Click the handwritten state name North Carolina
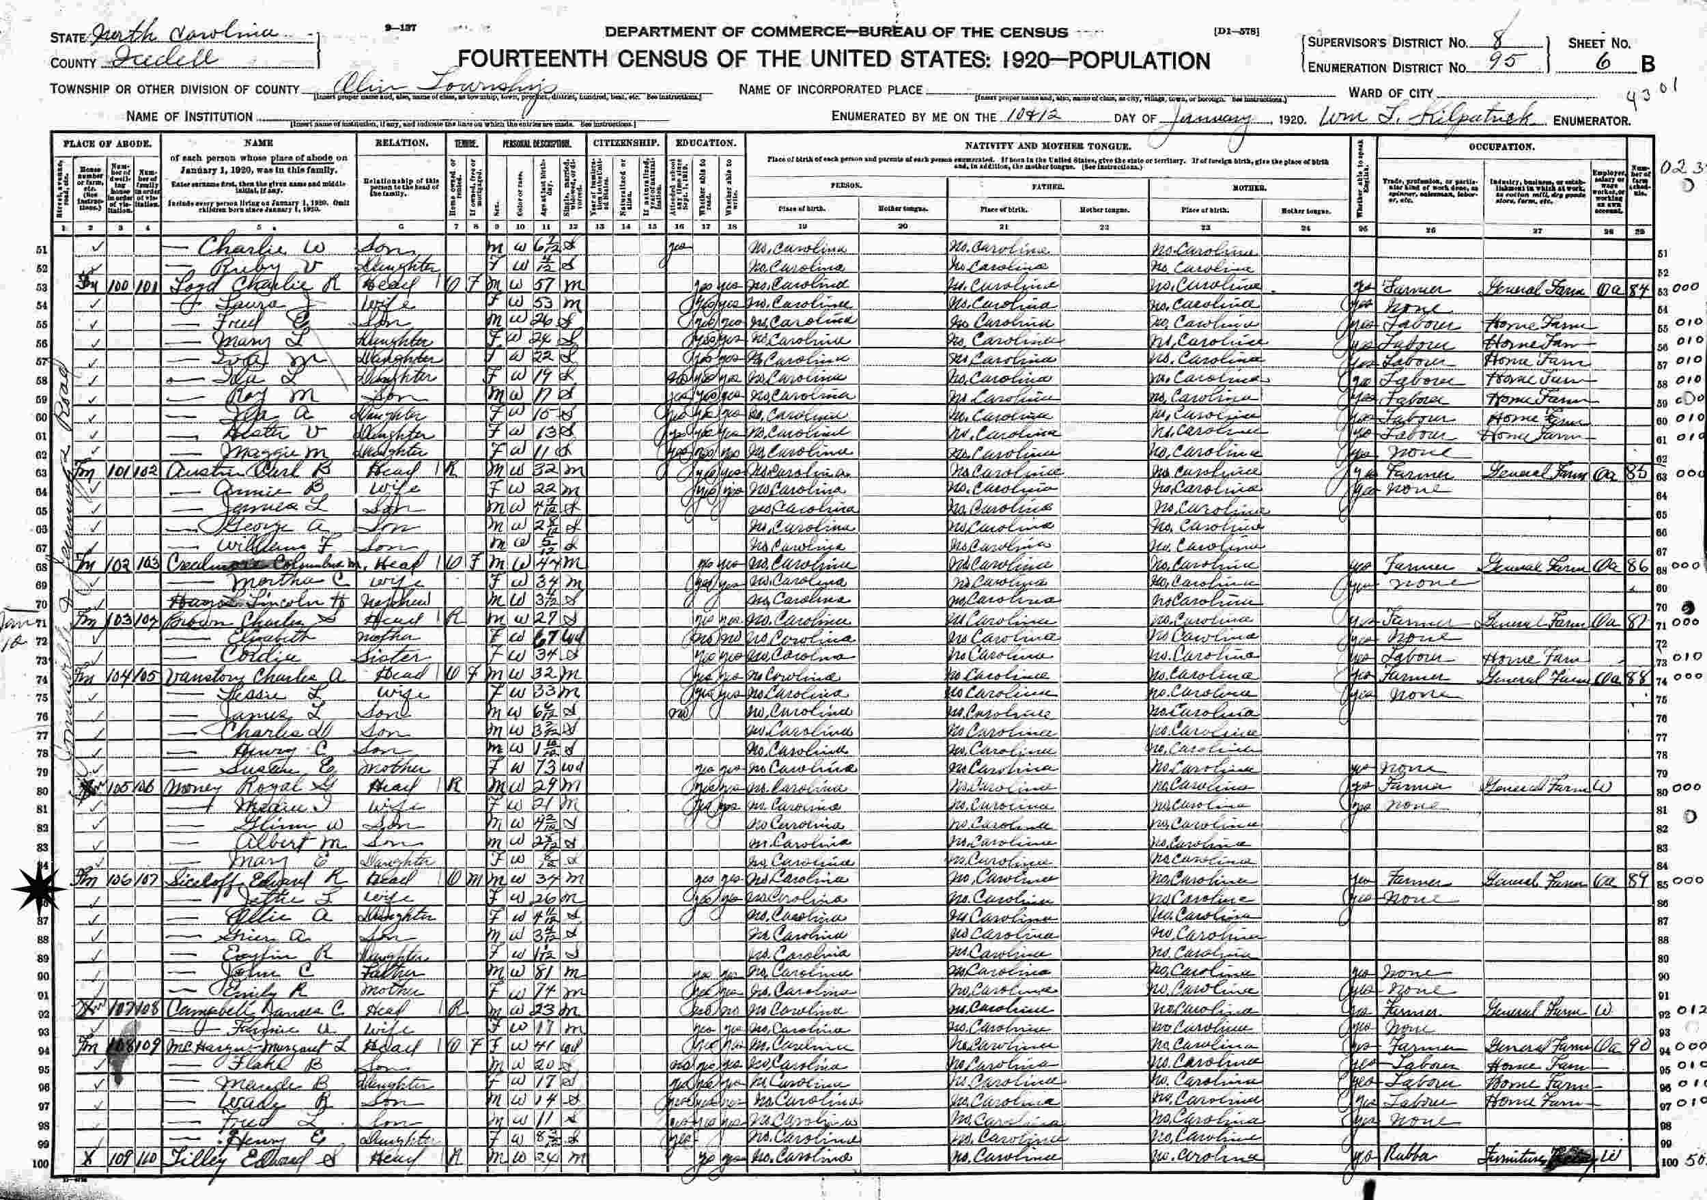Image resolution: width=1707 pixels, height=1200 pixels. (x=182, y=36)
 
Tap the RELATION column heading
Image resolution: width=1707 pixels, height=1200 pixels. (x=402, y=143)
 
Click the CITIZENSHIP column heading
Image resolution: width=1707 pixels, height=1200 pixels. (x=627, y=143)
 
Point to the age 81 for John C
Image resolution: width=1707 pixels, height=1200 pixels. (x=546, y=975)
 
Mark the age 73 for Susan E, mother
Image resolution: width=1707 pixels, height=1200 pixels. (x=546, y=768)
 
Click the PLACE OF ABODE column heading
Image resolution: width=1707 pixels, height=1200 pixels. (x=107, y=143)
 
